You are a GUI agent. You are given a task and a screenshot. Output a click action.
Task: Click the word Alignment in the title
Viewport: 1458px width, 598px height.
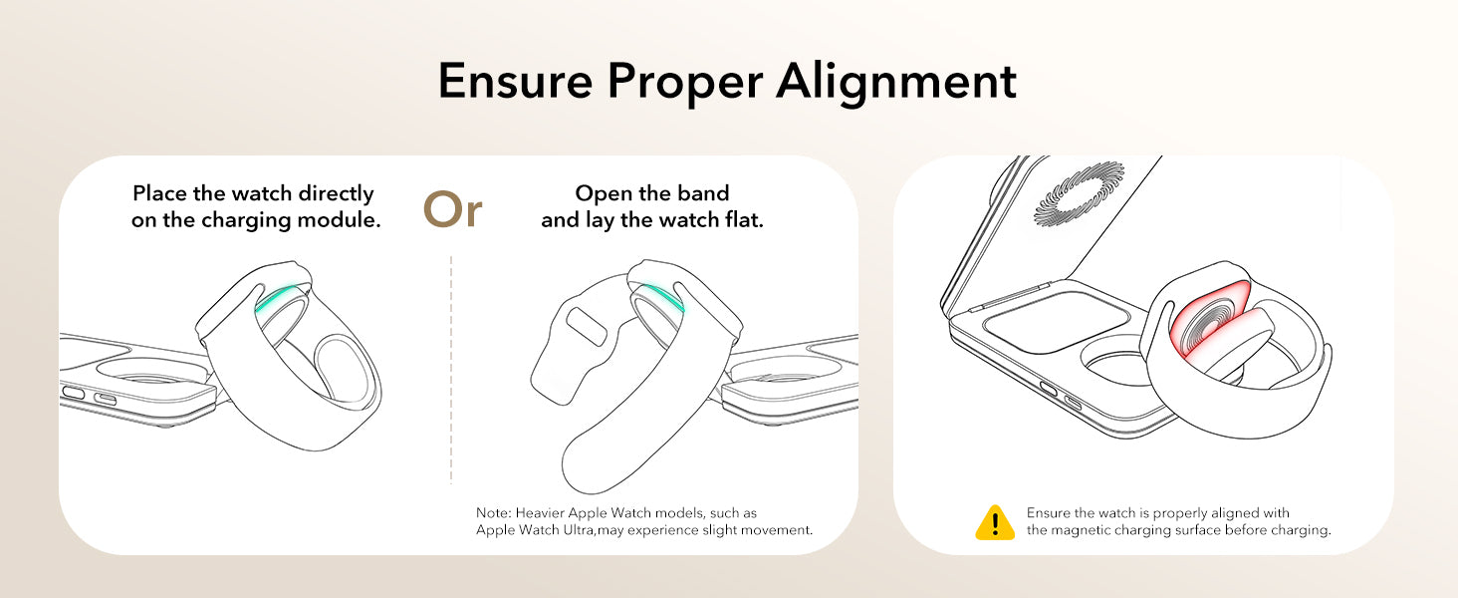click(x=896, y=82)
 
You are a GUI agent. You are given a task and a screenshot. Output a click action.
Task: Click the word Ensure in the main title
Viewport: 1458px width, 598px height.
click(x=516, y=81)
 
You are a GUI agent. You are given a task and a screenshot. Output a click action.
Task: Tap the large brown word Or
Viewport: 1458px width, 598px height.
click(x=452, y=209)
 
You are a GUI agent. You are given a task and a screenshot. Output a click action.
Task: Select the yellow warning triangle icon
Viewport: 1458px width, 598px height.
click(x=995, y=522)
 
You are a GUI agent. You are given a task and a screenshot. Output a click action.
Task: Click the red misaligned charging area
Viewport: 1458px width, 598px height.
click(x=1204, y=319)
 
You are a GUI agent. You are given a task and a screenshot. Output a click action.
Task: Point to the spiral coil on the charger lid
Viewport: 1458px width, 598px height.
click(x=1078, y=194)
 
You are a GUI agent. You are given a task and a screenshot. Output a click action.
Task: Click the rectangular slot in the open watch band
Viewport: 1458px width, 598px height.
click(x=586, y=326)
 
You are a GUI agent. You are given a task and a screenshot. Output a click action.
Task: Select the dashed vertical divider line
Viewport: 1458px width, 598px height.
click(x=451, y=370)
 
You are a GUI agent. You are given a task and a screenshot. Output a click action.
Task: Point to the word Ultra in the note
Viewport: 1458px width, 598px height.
click(x=578, y=529)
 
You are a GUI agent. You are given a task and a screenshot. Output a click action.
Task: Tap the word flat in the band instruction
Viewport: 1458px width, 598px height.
click(x=744, y=219)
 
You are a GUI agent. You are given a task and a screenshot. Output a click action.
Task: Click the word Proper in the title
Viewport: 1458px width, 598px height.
click(x=685, y=84)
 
